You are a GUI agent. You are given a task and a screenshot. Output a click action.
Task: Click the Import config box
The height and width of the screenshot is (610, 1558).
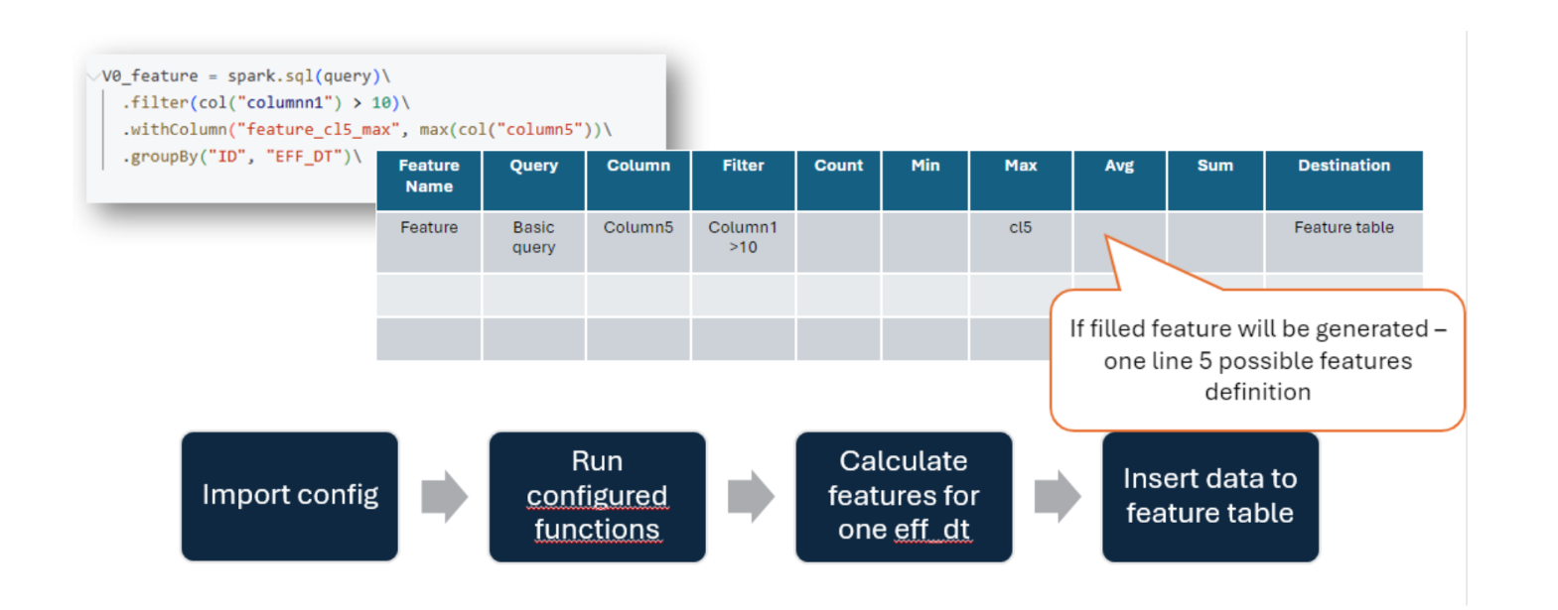(289, 496)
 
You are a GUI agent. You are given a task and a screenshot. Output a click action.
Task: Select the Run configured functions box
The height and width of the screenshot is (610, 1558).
(597, 496)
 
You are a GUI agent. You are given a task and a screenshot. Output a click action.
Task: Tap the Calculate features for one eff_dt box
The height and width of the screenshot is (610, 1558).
(904, 496)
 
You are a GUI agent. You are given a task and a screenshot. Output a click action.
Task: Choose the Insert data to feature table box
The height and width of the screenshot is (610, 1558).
(1210, 496)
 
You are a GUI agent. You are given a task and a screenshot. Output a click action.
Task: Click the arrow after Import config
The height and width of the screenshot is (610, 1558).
(445, 496)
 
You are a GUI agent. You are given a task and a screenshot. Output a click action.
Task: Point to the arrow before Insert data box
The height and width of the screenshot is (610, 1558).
(1058, 496)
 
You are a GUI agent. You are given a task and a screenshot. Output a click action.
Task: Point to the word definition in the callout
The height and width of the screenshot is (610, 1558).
(1257, 392)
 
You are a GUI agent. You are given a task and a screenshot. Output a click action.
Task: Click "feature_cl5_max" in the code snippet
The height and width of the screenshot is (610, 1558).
(320, 130)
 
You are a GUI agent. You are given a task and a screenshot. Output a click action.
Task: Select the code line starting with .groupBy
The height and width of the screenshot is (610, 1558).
(242, 157)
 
